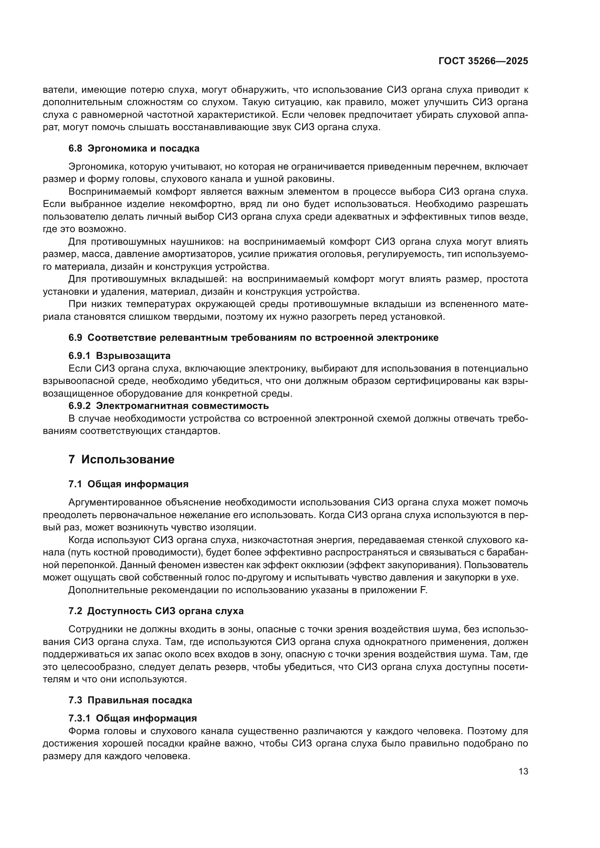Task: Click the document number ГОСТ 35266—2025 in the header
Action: click(x=483, y=61)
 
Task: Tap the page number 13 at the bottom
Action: click(x=523, y=772)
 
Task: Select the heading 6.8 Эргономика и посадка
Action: click(x=134, y=149)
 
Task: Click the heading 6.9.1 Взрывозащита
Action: click(x=119, y=356)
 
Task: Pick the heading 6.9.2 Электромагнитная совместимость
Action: click(x=168, y=406)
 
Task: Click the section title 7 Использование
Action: click(x=122, y=459)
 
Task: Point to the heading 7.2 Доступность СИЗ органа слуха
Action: click(x=156, y=611)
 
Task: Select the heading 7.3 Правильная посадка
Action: click(x=130, y=700)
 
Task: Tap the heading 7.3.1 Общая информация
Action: click(x=133, y=718)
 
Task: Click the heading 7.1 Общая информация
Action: click(x=128, y=484)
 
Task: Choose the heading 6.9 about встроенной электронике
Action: click(x=254, y=338)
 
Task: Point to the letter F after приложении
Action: click(x=424, y=590)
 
